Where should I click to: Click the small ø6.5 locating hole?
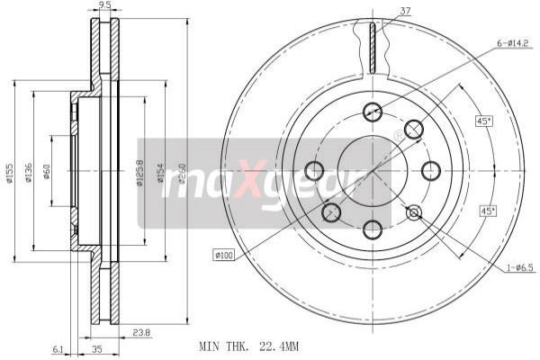coord(414,212)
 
